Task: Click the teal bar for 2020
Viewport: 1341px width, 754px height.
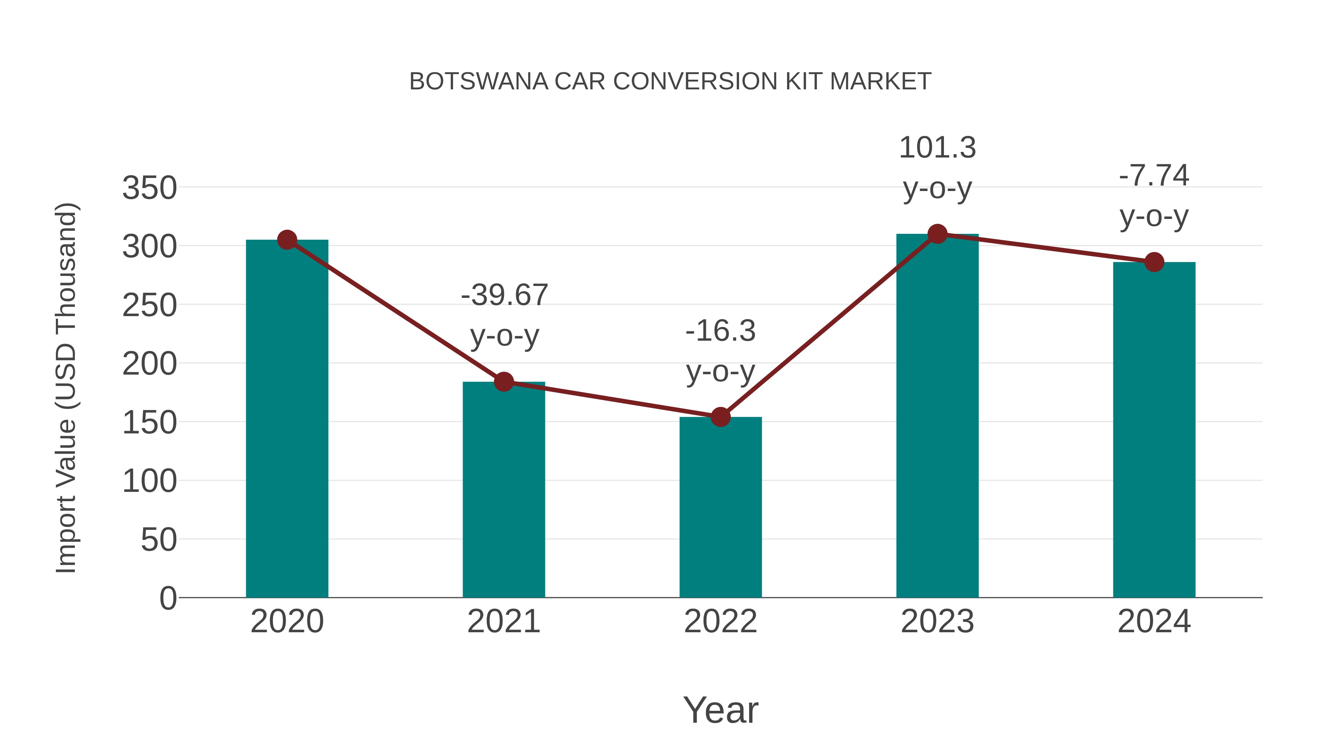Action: [x=287, y=419]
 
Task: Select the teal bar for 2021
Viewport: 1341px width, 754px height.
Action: [x=503, y=489]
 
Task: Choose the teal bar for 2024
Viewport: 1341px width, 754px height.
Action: [x=1154, y=429]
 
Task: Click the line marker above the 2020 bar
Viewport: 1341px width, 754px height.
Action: [x=287, y=240]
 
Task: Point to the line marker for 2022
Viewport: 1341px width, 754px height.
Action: [x=720, y=417]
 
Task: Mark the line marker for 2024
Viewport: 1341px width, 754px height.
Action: [x=1154, y=262]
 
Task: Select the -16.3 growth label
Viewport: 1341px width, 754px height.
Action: [x=720, y=331]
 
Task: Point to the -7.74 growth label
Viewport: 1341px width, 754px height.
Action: [x=1154, y=175]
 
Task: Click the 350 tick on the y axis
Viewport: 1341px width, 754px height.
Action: [x=149, y=188]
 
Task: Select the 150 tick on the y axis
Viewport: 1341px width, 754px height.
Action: [x=149, y=423]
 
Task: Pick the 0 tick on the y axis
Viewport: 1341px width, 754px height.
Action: [x=168, y=598]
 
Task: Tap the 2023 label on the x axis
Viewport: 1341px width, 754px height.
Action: [x=937, y=621]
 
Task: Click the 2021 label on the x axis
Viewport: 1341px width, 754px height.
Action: [x=503, y=621]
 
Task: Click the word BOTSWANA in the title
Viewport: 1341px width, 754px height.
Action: [x=478, y=82]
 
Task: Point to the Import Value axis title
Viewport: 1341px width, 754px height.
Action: [x=67, y=388]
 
